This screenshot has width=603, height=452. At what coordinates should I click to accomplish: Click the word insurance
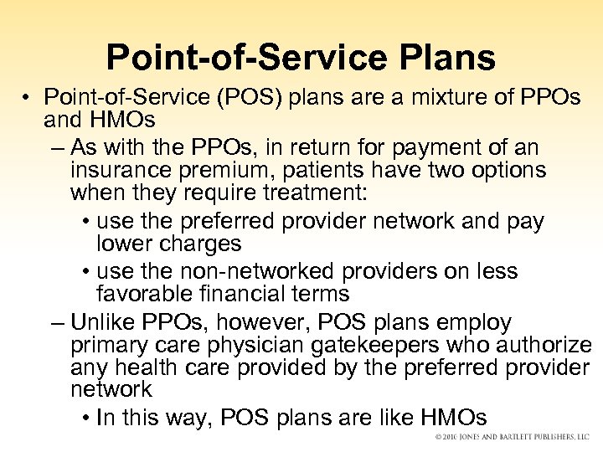coord(122,171)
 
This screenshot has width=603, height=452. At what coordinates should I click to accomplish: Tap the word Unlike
coord(106,322)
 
